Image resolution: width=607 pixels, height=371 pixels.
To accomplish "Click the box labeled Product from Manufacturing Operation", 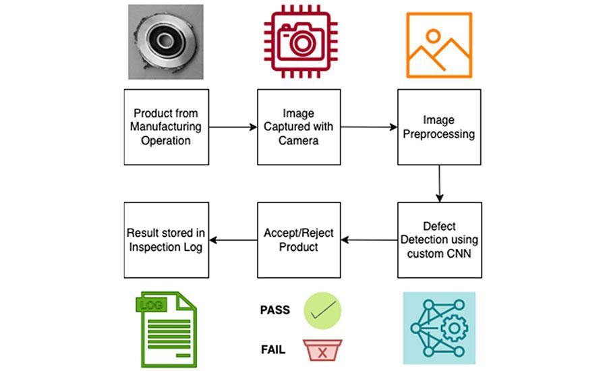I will pos(167,127).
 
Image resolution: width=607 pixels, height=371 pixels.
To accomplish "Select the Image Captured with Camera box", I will pos(299,127).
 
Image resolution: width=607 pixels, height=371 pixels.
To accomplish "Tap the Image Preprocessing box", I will pos(438,127).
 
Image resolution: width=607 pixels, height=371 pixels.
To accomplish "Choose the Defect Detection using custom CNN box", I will pos(438,240).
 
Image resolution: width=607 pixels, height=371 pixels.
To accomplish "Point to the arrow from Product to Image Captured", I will pos(233,127).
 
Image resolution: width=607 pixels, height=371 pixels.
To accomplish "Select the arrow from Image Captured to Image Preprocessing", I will pos(368,127).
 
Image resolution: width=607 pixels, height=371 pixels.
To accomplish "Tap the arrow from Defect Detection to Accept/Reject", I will pos(368,239).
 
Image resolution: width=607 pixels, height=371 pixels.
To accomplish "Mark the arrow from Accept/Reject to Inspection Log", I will pos(233,239).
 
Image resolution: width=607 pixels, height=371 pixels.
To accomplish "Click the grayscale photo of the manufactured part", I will pos(166,42).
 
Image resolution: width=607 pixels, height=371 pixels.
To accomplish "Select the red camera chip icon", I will pos(299,42).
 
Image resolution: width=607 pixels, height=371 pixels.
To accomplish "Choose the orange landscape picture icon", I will pos(438,45).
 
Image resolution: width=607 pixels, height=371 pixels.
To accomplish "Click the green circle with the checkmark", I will pos(322,311).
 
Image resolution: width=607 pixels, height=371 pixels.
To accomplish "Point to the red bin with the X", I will pos(322,350).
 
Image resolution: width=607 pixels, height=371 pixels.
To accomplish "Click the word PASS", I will pos(274,310).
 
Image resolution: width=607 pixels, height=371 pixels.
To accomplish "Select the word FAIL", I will pos(273,349).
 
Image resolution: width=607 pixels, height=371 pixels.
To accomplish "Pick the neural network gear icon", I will pos(439,328).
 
